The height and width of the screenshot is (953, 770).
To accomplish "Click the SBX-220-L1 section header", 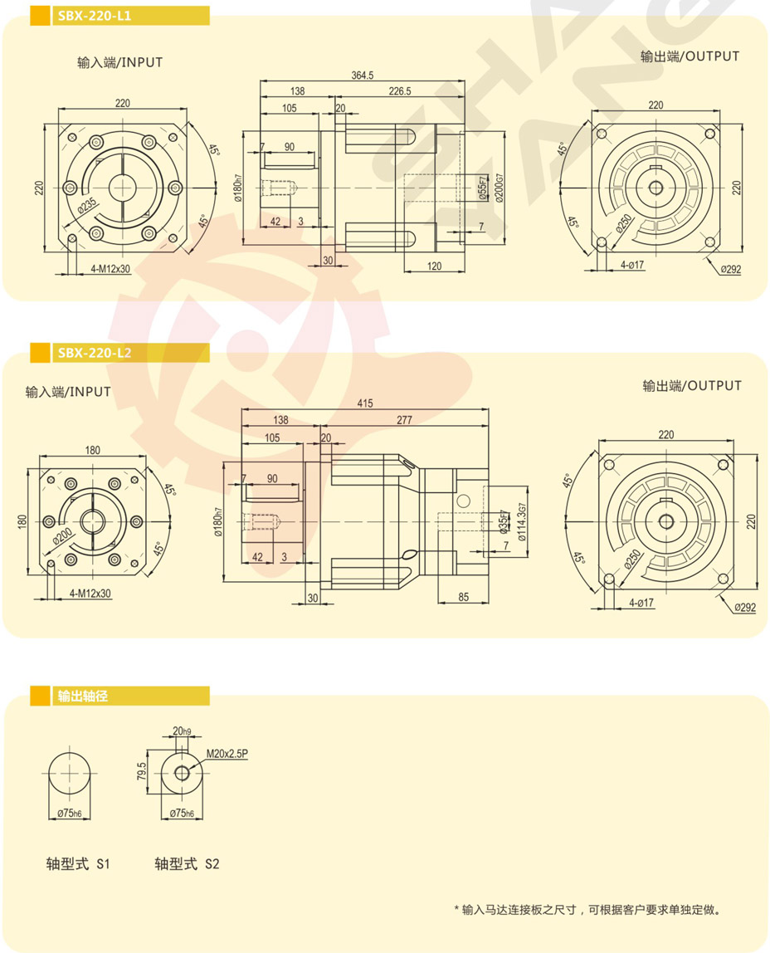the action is pyautogui.click(x=94, y=16).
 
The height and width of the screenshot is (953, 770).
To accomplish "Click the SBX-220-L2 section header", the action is pyautogui.click(x=94, y=353).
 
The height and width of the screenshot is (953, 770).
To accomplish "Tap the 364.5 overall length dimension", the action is pyautogui.click(x=363, y=76).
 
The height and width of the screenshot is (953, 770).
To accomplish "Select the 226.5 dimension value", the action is pyautogui.click(x=400, y=91).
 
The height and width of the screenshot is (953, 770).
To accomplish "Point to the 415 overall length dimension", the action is pyautogui.click(x=365, y=403).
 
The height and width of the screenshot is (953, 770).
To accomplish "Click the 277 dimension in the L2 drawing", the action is pyautogui.click(x=404, y=420).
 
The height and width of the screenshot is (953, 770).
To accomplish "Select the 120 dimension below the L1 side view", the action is pyautogui.click(x=434, y=266).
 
